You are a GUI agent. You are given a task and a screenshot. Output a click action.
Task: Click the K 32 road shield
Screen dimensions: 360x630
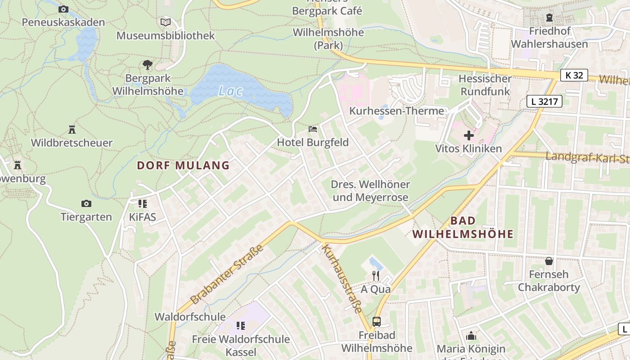pos(574,75)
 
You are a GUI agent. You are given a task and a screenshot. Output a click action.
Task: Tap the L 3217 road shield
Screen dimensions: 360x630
pos(544,102)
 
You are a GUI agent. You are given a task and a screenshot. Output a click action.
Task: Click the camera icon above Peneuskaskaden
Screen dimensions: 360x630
pos(63,9)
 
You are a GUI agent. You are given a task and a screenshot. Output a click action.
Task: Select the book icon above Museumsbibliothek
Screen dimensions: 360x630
pos(166,22)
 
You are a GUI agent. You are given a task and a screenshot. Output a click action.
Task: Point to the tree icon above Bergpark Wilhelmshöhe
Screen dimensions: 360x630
pos(148,65)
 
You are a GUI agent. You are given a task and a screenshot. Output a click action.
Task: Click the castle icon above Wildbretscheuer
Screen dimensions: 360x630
pos(72,130)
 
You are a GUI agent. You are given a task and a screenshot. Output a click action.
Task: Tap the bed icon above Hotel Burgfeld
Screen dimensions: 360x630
pos(313,129)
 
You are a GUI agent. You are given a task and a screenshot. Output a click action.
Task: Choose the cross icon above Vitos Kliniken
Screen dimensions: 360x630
pos(468,135)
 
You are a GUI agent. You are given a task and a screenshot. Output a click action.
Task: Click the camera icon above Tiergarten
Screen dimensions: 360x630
pos(86,203)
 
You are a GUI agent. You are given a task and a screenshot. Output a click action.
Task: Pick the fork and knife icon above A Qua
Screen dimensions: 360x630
pos(376,275)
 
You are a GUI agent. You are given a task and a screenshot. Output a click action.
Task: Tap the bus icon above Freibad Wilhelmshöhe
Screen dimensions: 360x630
pos(377,322)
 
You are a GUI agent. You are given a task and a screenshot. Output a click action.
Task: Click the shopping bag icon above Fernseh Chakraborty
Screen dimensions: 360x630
pos(549,261)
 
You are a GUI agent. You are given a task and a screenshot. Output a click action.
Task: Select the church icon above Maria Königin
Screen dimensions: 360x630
pos(471,336)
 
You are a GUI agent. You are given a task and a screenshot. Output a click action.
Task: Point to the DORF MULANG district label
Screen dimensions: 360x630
pos(183,166)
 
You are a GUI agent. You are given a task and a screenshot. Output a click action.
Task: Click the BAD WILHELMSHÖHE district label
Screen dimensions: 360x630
pos(463,227)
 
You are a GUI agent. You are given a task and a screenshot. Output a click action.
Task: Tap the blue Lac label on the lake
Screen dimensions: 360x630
pos(230,91)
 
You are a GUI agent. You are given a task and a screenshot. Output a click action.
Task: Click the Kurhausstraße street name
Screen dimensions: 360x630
pos(342,278)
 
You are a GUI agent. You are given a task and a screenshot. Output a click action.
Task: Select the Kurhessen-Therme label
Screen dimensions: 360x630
pos(396,111)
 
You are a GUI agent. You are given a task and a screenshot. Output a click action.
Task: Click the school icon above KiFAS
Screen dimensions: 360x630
pos(143,203)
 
